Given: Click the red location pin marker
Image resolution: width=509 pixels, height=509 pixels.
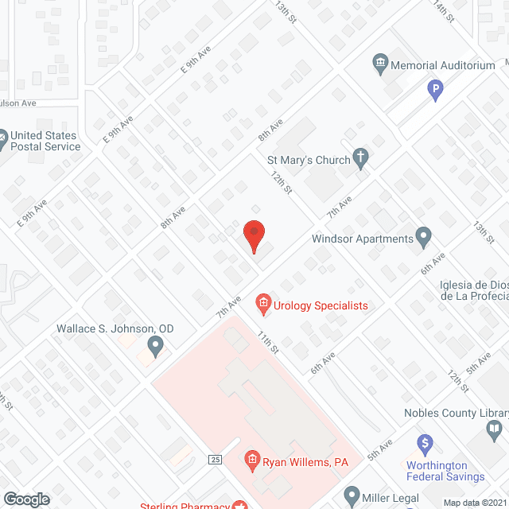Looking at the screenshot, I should point(253,235).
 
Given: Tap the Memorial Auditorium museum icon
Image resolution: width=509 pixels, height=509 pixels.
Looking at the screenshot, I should point(379,62).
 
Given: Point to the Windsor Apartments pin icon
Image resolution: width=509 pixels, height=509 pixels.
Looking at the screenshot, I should point(423,236).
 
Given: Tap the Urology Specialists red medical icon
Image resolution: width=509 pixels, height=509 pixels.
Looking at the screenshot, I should point(262,303).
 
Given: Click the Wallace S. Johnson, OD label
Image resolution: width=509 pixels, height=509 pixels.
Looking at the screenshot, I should point(115,328).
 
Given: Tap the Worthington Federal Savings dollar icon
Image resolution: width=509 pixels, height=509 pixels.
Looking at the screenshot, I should point(425,442).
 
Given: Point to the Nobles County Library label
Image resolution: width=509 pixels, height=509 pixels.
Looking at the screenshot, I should point(455,413).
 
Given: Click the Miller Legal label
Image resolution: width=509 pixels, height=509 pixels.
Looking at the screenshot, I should point(394,496).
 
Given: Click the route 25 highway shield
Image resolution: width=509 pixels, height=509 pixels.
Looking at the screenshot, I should point(214,459).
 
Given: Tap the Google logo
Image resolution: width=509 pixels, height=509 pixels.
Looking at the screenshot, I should point(26,499).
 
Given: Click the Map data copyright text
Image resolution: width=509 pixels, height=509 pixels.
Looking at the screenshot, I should point(474,503).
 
